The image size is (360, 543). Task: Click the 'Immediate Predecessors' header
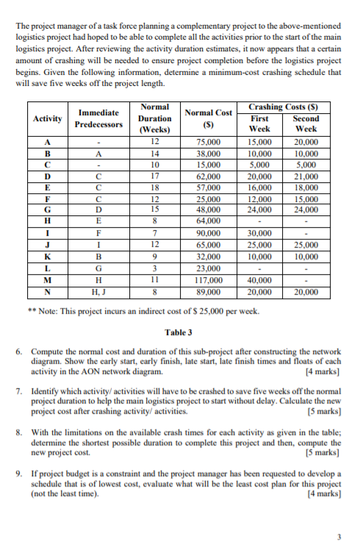point(99,118)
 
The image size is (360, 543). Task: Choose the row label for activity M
point(46,280)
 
